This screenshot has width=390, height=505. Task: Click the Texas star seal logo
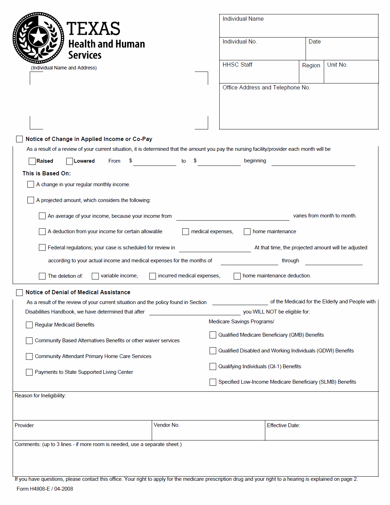point(38,38)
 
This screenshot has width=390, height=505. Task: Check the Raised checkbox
point(32,161)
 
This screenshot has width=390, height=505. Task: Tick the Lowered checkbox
point(69,161)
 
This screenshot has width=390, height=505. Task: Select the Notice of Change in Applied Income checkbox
point(20,139)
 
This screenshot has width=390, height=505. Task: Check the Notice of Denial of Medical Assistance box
point(20,292)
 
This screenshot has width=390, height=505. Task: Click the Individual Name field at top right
point(299,28)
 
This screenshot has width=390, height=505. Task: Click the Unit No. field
point(351,74)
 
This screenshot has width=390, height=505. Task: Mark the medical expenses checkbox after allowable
point(186,232)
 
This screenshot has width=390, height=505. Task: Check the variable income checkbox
point(95,276)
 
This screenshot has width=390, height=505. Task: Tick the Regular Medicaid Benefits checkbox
point(29,325)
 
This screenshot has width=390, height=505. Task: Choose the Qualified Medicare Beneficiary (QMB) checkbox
point(213,335)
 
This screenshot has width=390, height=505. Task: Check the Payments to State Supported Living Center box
point(29,372)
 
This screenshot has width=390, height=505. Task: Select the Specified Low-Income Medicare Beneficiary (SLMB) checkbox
point(213,382)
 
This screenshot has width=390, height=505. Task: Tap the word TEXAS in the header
point(94,29)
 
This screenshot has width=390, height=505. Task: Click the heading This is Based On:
point(47,174)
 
